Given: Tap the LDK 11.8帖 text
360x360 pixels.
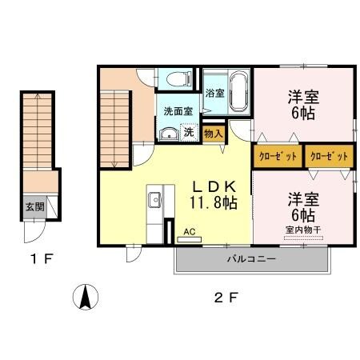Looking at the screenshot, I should [212, 194].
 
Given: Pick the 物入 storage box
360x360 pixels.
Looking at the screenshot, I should [212, 134].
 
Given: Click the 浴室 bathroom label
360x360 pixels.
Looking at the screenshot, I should [214, 93].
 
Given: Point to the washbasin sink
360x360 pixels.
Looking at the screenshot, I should [168, 133].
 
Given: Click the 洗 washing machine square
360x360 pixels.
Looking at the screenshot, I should [190, 131].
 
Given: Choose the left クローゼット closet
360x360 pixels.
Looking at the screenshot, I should [277, 157].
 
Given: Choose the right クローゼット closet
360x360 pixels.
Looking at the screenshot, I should [326, 157].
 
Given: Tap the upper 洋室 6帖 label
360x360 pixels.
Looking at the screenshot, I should [302, 104].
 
